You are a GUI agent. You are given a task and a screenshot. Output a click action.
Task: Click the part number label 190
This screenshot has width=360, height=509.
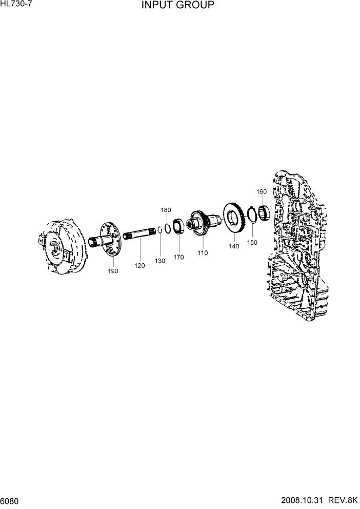coord(113,271)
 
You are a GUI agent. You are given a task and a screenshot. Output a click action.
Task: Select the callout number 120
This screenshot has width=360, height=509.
coord(140,266)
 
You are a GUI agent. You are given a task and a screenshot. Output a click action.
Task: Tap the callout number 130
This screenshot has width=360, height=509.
coord(160,261)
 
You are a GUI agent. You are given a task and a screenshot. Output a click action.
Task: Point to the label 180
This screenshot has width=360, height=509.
coord(166,210)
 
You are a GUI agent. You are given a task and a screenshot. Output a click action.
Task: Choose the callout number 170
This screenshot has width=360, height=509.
coord(178,257)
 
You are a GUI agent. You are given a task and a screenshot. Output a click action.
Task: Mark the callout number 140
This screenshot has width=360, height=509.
coord(234,246)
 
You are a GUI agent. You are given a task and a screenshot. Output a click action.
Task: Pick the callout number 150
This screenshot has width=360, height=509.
coord(252,243)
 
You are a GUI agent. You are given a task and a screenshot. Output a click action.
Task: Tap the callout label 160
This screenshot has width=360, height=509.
coord(262,191)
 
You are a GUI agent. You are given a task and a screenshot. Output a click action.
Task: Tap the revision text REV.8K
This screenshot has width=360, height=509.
coord(344,501)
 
